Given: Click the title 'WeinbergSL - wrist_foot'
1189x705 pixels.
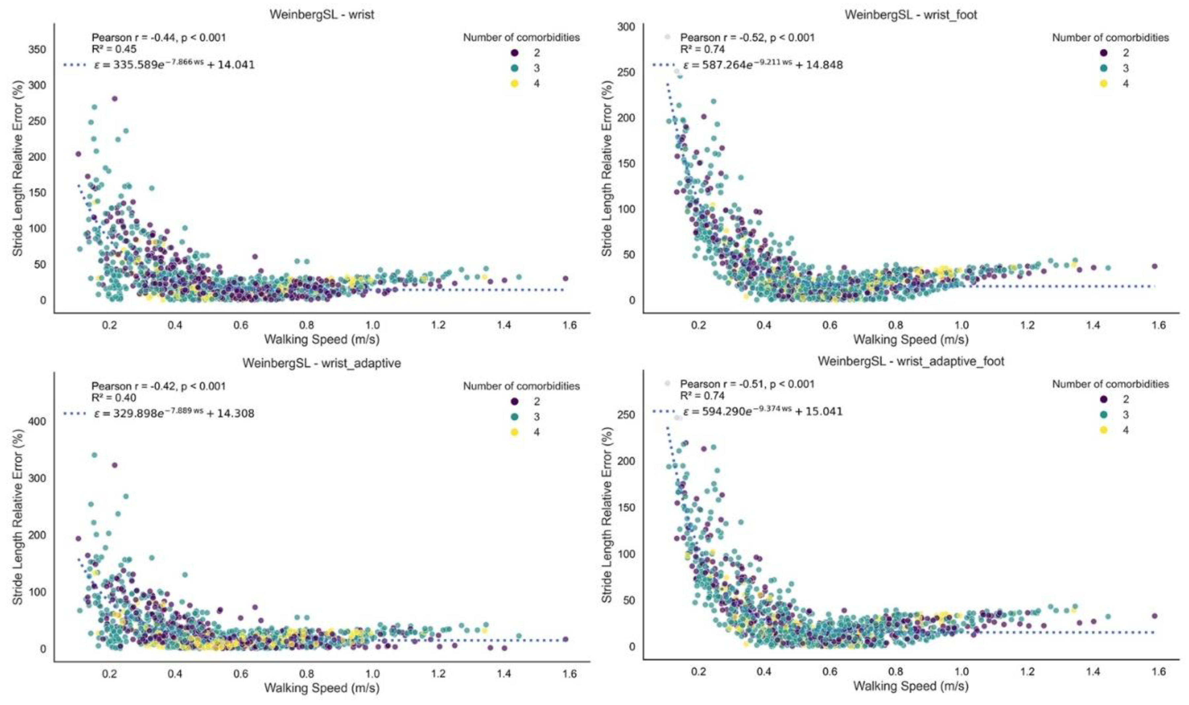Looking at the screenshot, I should point(911,15).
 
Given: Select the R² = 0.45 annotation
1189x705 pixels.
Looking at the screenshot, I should point(114,49).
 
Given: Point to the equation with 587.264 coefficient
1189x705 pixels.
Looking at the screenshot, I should point(762,65).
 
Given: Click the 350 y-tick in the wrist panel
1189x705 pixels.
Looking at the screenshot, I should point(38,50).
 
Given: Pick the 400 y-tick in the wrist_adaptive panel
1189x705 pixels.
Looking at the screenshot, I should point(38,421).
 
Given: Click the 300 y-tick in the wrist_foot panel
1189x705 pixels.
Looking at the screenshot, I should point(626,27).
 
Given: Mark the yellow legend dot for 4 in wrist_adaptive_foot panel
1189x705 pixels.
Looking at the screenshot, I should point(1103,430).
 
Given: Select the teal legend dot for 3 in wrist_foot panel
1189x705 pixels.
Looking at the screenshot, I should point(1103,68).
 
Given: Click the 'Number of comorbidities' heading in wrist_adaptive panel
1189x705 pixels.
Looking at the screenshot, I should point(521,386).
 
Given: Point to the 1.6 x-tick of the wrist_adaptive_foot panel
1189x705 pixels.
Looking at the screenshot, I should point(1158,671).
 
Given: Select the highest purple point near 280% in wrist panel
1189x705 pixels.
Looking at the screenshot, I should point(114,99).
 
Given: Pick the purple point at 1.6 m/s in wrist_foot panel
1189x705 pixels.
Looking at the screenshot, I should point(1154,266).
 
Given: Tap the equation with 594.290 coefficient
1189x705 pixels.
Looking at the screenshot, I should point(762,411).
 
